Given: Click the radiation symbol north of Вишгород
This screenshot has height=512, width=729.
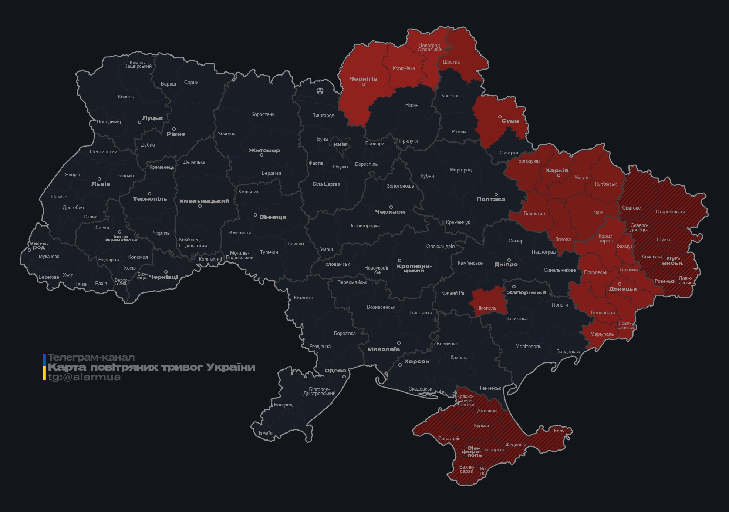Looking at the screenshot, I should coord(320,91).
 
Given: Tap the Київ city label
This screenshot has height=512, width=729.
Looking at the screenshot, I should coord(340,144).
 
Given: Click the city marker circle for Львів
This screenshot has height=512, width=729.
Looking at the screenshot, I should coord(99,179).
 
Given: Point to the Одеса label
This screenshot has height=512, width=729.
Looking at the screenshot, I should coord(335,371).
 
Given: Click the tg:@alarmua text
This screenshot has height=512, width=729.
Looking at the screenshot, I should coord(84,377).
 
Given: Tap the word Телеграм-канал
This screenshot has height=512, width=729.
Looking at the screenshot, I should coord(91,358).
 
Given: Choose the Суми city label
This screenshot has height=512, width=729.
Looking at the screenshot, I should coord(510,121).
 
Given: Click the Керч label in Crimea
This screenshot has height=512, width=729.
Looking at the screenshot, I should coord(559,431).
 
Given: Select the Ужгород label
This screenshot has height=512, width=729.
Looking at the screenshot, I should coord(38,245).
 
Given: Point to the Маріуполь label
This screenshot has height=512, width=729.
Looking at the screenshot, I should coord(602,334).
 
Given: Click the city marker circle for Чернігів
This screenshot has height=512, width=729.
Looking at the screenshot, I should coord(363,84).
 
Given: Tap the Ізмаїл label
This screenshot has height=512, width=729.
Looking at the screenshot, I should coord(265,433).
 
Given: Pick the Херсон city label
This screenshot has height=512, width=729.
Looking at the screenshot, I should coord(416,361).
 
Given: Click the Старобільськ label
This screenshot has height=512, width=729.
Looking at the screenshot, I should coord(671,212).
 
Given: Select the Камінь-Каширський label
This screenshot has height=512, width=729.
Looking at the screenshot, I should coord(138,64).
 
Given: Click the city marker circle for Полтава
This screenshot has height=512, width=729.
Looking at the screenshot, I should coord(496,194).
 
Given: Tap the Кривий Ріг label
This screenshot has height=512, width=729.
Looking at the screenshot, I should coord(453,293).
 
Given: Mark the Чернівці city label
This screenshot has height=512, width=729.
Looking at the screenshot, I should coord(163,277).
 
